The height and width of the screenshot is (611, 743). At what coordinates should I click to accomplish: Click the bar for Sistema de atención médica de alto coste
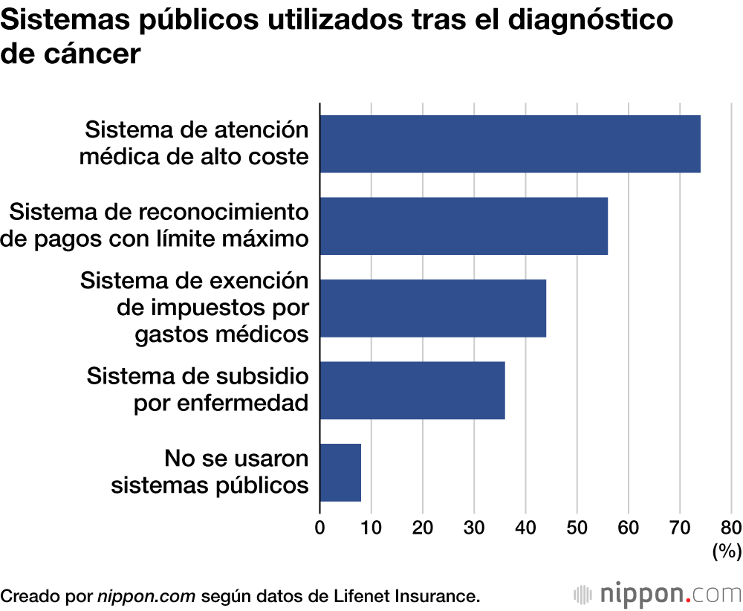pyautogui.click(x=510, y=144)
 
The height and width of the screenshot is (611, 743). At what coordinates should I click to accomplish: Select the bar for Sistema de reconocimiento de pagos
pyautogui.click(x=464, y=226)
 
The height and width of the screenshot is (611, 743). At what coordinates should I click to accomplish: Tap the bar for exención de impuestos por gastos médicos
pyautogui.click(x=432, y=308)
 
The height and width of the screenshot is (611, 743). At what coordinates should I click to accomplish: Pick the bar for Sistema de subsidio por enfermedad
pyautogui.click(x=412, y=390)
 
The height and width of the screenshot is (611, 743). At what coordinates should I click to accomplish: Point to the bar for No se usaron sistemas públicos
pyautogui.click(x=340, y=473)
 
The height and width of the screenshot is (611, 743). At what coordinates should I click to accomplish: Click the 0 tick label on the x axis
pyautogui.click(x=320, y=528)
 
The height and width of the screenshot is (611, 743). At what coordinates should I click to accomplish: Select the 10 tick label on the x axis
pyautogui.click(x=371, y=528)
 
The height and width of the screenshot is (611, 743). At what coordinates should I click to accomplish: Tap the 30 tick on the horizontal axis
pyautogui.click(x=474, y=528)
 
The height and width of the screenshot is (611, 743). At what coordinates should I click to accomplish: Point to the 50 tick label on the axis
pyautogui.click(x=577, y=528)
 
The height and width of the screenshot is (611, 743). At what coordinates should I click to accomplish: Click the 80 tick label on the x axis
pyautogui.click(x=730, y=528)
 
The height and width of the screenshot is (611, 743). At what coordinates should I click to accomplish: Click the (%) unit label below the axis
pyautogui.click(x=727, y=552)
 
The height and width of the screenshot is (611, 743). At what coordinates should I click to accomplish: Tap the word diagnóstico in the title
pyautogui.click(x=585, y=21)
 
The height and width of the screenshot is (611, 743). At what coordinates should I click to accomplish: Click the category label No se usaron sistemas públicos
pyautogui.click(x=210, y=472)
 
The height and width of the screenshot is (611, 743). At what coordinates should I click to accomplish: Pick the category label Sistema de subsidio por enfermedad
pyautogui.click(x=198, y=389)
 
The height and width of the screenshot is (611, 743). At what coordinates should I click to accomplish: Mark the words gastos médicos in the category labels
pyautogui.click(x=221, y=334)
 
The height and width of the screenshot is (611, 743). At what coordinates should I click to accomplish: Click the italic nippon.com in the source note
pyautogui.click(x=146, y=595)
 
